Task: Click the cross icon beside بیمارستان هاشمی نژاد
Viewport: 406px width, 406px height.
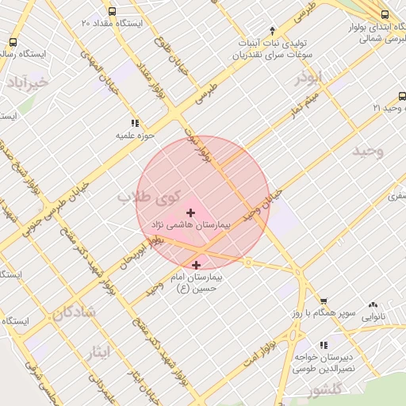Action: (x=190, y=213)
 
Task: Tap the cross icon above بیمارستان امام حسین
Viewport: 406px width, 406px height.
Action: (x=196, y=264)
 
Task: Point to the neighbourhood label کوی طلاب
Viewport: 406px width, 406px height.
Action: (x=151, y=197)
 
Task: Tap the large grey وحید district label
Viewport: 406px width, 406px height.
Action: (x=369, y=151)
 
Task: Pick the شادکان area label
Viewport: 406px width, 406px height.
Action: (x=74, y=312)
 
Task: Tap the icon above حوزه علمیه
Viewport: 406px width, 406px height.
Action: (x=136, y=123)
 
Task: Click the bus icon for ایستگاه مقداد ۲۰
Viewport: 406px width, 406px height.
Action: (x=112, y=13)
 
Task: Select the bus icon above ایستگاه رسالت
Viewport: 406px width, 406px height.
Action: (x=12, y=42)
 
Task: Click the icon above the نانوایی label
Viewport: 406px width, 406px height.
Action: (x=373, y=304)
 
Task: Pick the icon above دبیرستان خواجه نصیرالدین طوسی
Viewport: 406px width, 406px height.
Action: (x=323, y=345)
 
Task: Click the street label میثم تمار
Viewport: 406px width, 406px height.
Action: (x=309, y=101)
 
